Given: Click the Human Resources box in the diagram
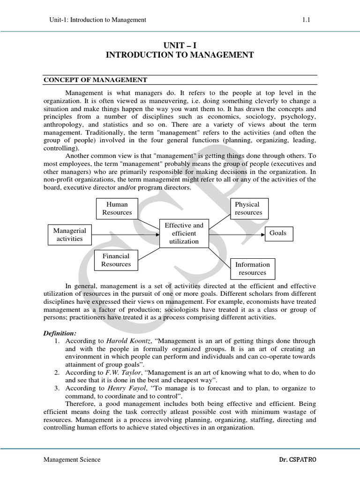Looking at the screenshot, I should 117,209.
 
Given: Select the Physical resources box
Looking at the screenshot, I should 248,209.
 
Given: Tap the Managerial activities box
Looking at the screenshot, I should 69,235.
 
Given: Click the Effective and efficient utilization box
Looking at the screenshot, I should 184,233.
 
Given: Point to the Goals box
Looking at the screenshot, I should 277,233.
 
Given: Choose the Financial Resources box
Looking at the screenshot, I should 116,260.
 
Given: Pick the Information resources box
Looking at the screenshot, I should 252,269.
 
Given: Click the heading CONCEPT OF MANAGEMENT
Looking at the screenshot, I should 96,80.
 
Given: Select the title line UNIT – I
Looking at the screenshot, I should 180,45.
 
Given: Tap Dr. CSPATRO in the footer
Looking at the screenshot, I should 298,460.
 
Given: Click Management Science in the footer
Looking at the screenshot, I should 72,460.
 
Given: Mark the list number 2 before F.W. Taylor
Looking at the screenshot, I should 56,372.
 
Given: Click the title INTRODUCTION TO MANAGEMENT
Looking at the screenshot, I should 180,55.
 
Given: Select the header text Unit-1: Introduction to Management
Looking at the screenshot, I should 97,20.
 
